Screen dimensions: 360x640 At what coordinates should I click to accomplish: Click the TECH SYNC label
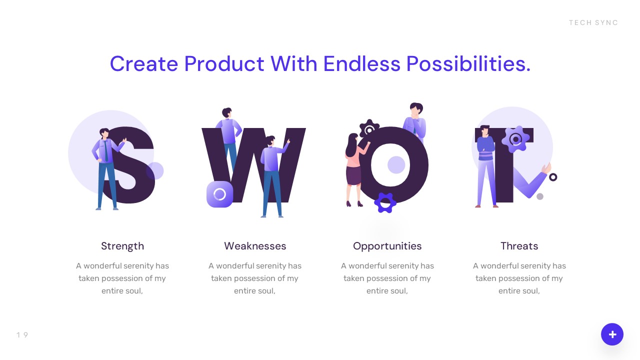click(x=593, y=22)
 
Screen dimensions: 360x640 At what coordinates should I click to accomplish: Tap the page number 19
click(x=22, y=335)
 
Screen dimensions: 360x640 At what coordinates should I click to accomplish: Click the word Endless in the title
click(x=361, y=64)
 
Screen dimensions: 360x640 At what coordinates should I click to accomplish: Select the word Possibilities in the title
click(x=468, y=64)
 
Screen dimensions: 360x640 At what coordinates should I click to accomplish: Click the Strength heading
click(x=122, y=246)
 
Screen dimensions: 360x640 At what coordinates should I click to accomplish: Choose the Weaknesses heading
click(x=255, y=246)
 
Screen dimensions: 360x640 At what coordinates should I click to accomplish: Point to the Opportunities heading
click(x=387, y=246)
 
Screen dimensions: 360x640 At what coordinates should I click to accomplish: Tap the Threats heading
click(x=519, y=246)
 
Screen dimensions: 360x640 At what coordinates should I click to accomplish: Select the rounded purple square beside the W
click(x=219, y=194)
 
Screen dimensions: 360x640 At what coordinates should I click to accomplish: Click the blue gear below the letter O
click(x=385, y=202)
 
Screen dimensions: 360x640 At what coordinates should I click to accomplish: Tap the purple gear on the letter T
click(x=515, y=138)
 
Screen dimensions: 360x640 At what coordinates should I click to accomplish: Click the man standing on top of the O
click(x=415, y=120)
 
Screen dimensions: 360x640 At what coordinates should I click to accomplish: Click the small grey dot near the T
click(x=540, y=196)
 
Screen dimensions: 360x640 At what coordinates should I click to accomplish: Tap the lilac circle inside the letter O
click(x=396, y=164)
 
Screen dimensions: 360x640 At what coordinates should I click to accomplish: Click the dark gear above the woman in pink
click(x=369, y=129)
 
